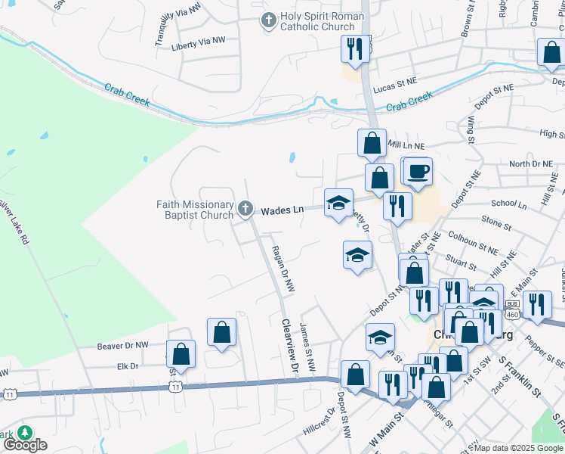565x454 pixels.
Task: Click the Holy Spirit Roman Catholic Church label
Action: (322, 21)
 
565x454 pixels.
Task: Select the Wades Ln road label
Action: (282, 211)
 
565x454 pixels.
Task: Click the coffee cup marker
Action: (417, 171)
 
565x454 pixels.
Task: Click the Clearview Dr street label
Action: (287, 344)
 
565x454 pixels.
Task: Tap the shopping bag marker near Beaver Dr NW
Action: (221, 332)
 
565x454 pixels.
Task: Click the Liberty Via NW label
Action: (199, 42)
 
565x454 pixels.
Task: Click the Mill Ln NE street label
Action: (406, 144)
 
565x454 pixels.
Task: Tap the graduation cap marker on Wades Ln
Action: (338, 203)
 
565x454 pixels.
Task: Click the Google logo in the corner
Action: (25, 445)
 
